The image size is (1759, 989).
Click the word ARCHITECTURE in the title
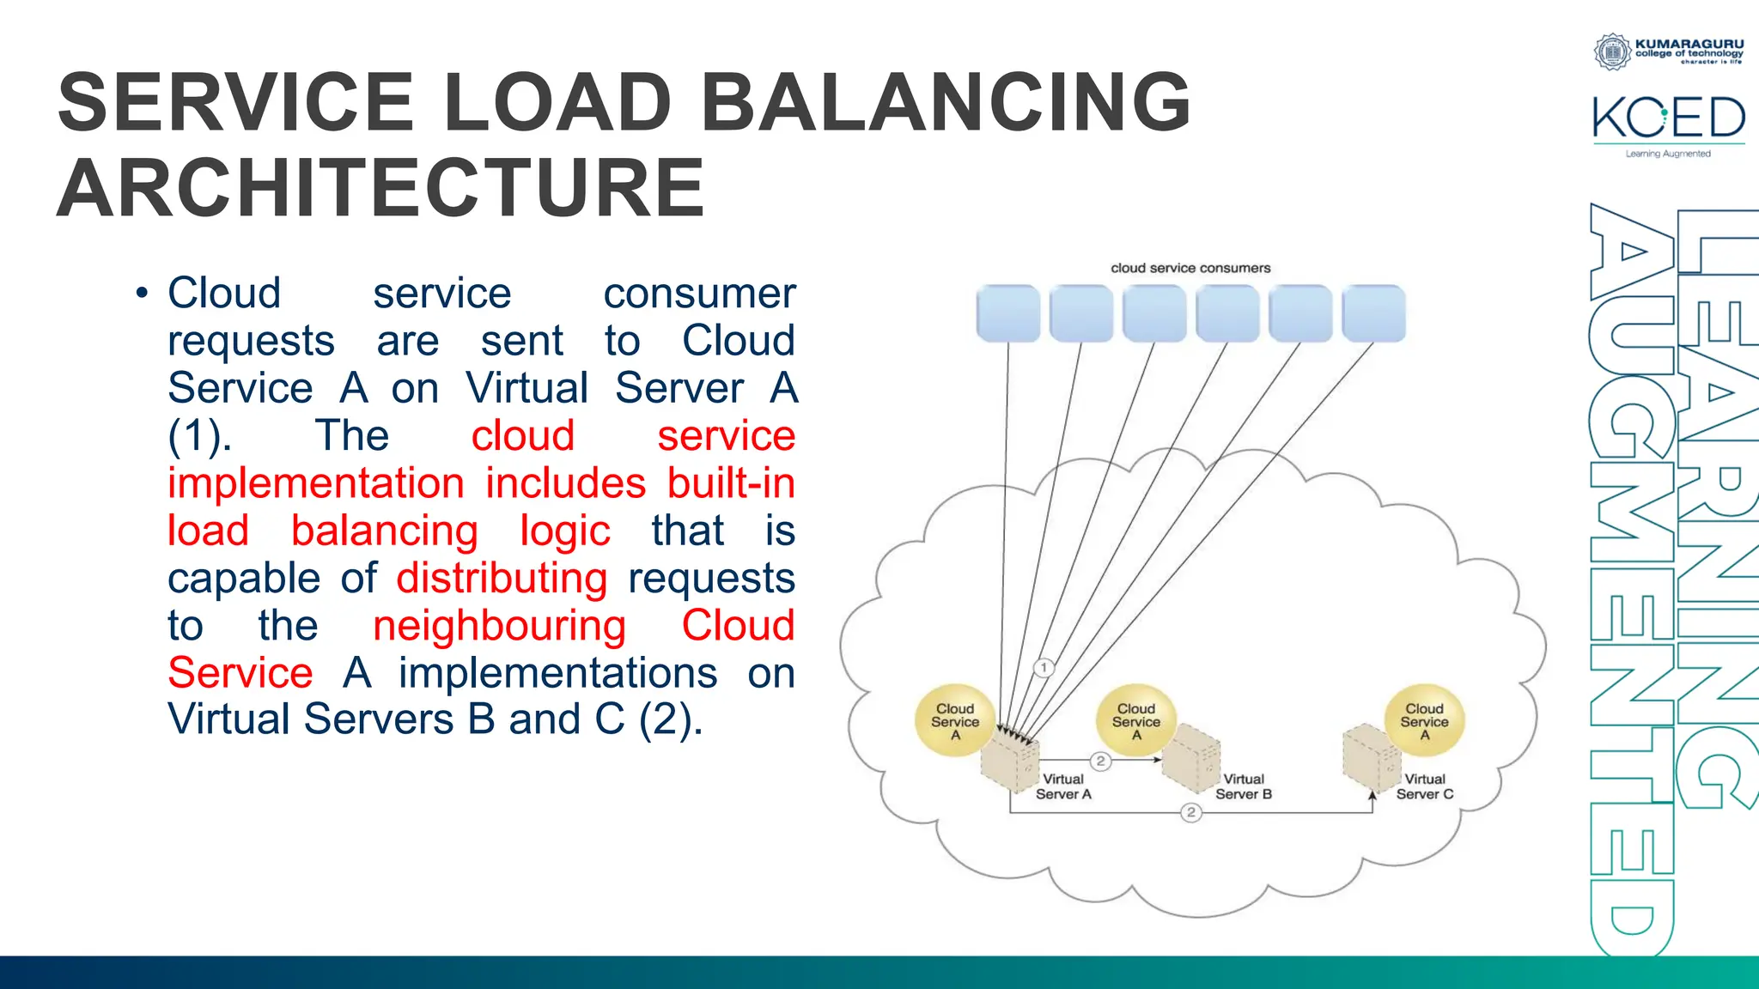pos(380,188)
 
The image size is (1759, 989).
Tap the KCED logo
pos(1668,120)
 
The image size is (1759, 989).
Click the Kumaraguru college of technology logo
pos(1669,51)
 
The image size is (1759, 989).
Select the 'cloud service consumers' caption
pos(1190,268)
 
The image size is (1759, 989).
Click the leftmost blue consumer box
pos(1008,313)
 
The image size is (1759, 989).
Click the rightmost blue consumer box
pos(1373,313)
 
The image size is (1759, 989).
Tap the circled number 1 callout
pos(1044,667)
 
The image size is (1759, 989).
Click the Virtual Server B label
pos(1243,786)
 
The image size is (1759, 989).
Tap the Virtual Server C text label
pos(1424,786)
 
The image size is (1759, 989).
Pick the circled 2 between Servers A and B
pos(1100,761)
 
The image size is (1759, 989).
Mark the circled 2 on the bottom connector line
pos(1190,812)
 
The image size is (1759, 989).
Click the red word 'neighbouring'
pos(499,626)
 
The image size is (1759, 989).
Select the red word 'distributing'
pos(502,578)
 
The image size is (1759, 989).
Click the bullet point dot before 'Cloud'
pos(142,294)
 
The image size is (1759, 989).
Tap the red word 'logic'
pos(564,531)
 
